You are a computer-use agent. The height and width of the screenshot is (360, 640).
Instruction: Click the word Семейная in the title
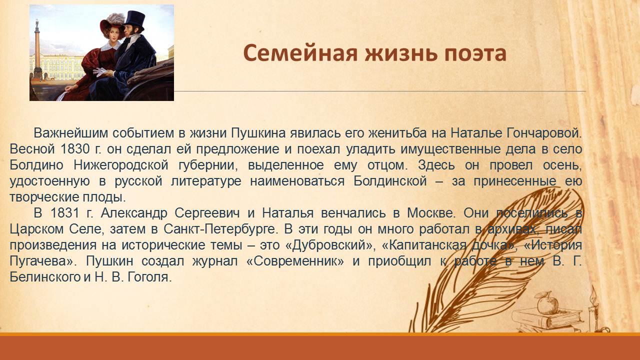300,53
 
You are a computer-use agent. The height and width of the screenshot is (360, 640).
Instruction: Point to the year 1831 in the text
64,213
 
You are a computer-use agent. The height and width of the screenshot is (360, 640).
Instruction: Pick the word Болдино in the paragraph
36,165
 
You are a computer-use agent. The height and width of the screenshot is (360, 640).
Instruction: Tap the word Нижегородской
120,165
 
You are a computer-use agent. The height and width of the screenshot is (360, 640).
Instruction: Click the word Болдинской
390,181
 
